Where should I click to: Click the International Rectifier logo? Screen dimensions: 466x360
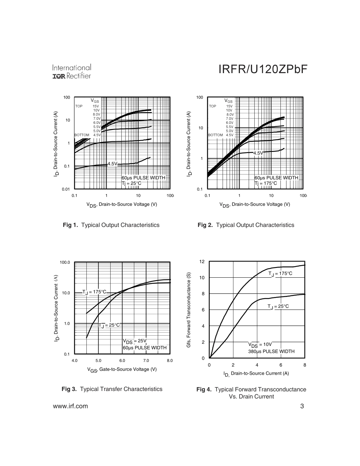72,72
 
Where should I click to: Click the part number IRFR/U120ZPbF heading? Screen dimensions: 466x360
263,70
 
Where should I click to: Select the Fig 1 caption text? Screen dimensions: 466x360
111,225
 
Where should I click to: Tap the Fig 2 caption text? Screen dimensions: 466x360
246,225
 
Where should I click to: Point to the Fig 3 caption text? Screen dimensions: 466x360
112,389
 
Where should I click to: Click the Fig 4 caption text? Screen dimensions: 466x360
251,393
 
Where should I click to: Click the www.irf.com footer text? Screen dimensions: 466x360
70,406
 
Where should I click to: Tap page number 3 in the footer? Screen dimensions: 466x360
302,406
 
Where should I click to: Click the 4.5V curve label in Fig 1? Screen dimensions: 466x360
113,164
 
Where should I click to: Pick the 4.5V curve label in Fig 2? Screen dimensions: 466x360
258,153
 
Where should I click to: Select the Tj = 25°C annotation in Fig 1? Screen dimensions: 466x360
131,183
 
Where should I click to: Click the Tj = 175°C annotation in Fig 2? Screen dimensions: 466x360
266,183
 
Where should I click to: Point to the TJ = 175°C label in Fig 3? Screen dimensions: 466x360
94,292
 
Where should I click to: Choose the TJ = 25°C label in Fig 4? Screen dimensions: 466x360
278,306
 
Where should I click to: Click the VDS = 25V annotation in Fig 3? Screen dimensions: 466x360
135,341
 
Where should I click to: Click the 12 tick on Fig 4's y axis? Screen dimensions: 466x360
202,262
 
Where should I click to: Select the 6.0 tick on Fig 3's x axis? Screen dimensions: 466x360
122,360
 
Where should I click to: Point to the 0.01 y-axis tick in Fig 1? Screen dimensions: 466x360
66,189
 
